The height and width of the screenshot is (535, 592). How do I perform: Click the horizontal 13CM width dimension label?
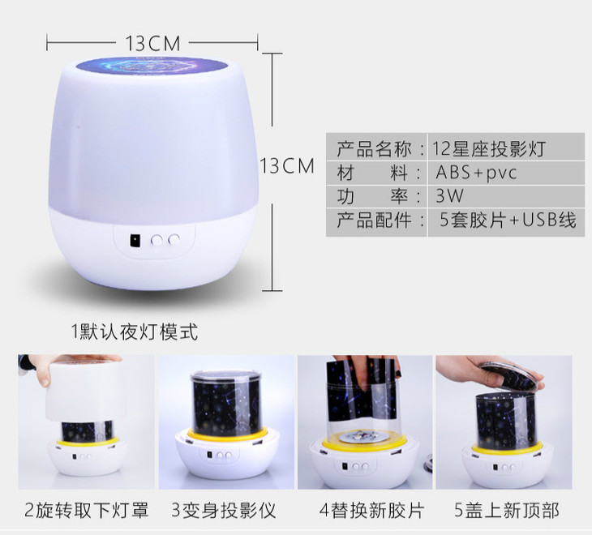coord(153,44)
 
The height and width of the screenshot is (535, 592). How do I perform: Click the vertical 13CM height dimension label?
coord(287,165)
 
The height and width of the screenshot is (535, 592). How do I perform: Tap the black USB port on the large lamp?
coord(135,240)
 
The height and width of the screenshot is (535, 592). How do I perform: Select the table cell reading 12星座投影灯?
coord(488,148)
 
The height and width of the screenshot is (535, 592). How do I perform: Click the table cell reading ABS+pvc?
coord(476,173)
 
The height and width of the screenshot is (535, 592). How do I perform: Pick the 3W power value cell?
coord(449,196)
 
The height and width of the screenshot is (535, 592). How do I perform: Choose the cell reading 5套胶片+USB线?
coord(508,220)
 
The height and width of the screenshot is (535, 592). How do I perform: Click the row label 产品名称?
coord(374,148)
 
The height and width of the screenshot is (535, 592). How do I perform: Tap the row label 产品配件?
coord(374,220)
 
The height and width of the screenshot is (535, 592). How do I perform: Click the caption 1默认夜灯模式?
coord(135,332)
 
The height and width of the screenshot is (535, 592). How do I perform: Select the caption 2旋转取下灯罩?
coord(87,510)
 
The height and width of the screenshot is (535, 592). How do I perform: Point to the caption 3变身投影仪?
coord(224,510)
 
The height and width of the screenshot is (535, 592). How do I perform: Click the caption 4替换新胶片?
coord(372,510)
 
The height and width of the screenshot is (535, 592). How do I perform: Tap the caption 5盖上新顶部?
coord(507,510)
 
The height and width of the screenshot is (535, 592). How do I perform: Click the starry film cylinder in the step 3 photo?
coord(225,404)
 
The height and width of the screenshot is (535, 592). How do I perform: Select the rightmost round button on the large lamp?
coord(174,239)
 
